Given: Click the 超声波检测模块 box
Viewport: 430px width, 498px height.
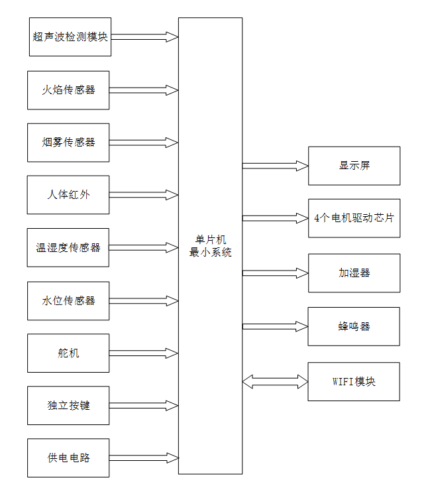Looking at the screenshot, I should [x=69, y=37].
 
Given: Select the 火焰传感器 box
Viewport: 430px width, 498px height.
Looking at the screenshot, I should [x=68, y=90].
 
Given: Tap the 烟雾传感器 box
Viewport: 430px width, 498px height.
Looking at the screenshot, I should [x=68, y=143].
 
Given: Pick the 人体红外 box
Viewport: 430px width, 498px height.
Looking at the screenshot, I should [x=68, y=195].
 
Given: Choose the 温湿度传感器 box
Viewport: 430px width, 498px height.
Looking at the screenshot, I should [x=68, y=247].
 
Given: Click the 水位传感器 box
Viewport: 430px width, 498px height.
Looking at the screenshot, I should [x=68, y=300].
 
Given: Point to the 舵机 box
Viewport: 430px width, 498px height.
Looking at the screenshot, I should [x=68, y=353].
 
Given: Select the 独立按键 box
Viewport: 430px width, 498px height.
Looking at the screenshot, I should [x=68, y=405].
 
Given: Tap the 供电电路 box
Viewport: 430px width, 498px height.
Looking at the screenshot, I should [x=68, y=458].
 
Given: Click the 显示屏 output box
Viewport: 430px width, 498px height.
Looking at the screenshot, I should [x=354, y=166].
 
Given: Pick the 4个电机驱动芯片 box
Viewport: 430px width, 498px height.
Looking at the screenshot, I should [x=354, y=218].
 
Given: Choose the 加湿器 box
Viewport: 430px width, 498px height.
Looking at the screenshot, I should [x=354, y=273].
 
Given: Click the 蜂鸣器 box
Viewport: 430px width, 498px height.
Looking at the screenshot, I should [x=354, y=326].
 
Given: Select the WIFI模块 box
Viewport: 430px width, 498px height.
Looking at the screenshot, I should [x=354, y=381].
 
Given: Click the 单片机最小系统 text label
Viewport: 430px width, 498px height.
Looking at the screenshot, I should [x=210, y=246].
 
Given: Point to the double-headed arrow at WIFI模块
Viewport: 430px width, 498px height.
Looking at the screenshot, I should [x=275, y=381].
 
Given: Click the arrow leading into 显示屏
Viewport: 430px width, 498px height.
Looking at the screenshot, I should [x=275, y=166].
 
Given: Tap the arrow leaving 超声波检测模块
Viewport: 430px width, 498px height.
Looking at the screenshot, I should [x=144, y=37].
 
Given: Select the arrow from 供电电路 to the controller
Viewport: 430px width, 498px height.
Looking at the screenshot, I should [x=144, y=458].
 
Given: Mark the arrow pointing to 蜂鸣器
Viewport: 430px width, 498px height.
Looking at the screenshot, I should [x=275, y=326].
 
